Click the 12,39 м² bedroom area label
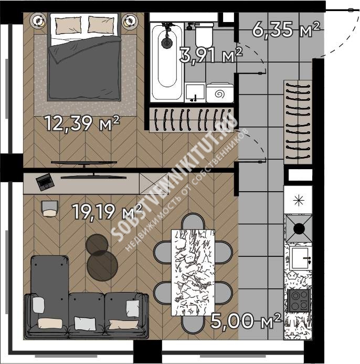click(x=82, y=123)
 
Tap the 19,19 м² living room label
click(x=107, y=212)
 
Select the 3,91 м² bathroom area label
click(x=211, y=55)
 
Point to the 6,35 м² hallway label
click(x=286, y=29)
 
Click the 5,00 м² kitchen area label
click(x=246, y=321)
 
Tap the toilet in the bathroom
click(x=204, y=35)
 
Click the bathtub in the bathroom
click(x=167, y=62)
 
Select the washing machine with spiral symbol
click(x=220, y=93)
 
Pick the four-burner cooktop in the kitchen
click(x=299, y=300)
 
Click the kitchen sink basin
click(x=300, y=258)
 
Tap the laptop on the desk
click(x=45, y=182)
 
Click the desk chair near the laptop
click(x=49, y=209)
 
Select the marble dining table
click(x=193, y=273)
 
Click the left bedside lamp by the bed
click(x=38, y=21)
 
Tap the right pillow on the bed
click(x=101, y=24)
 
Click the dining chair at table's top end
click(x=193, y=221)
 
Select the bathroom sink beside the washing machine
click(x=195, y=92)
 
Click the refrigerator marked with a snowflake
click(x=298, y=200)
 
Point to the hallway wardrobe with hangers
click(x=298, y=122)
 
